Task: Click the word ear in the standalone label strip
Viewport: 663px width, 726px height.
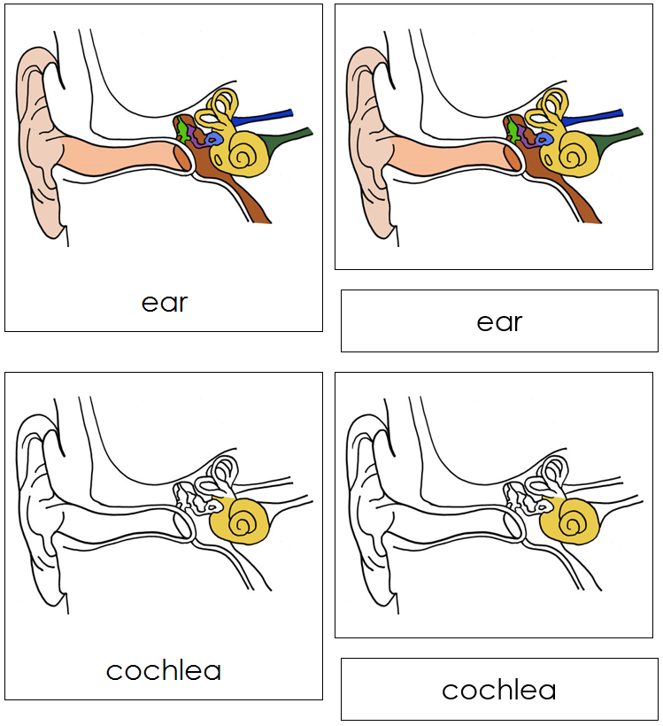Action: [499, 321]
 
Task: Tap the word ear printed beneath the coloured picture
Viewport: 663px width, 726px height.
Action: [165, 302]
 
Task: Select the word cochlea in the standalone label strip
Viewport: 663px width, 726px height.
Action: [499, 690]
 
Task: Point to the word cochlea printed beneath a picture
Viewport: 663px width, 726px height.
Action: [164, 670]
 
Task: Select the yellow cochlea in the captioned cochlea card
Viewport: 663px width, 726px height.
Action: [241, 521]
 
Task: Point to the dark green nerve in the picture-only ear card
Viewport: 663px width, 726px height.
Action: [624, 137]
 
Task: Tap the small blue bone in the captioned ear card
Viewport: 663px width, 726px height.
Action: [213, 139]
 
